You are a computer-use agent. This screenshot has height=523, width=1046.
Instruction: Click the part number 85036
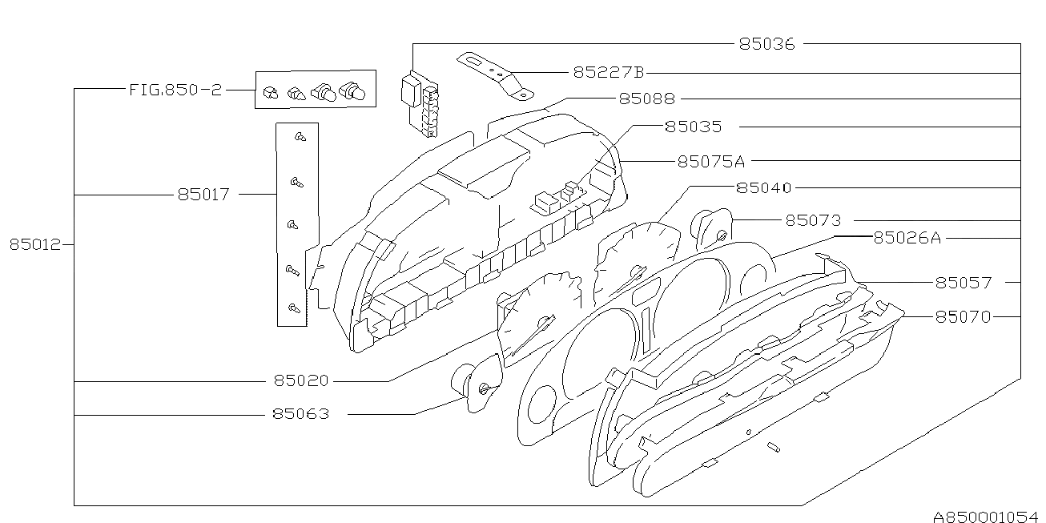(x=766, y=44)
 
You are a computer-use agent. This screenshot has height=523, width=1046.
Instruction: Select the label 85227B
(x=608, y=72)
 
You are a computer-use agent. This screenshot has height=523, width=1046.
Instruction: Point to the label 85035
(x=693, y=127)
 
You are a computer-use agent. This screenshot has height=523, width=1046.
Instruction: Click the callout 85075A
(x=710, y=161)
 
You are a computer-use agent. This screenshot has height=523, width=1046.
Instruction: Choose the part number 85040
(x=763, y=187)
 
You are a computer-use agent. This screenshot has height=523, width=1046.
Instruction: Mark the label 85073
(x=812, y=220)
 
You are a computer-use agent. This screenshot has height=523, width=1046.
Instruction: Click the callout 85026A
(x=907, y=237)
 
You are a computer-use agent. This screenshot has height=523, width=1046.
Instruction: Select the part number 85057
(x=963, y=283)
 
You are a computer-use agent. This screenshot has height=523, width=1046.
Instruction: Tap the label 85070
(x=963, y=317)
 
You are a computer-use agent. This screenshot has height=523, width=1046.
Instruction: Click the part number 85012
(x=35, y=245)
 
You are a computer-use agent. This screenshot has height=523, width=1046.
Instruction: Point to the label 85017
(x=203, y=194)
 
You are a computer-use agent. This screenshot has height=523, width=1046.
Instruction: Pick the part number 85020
(x=300, y=381)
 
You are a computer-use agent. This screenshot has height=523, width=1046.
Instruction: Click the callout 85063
(x=300, y=415)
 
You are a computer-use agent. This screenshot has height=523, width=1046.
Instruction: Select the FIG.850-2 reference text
(x=175, y=90)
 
